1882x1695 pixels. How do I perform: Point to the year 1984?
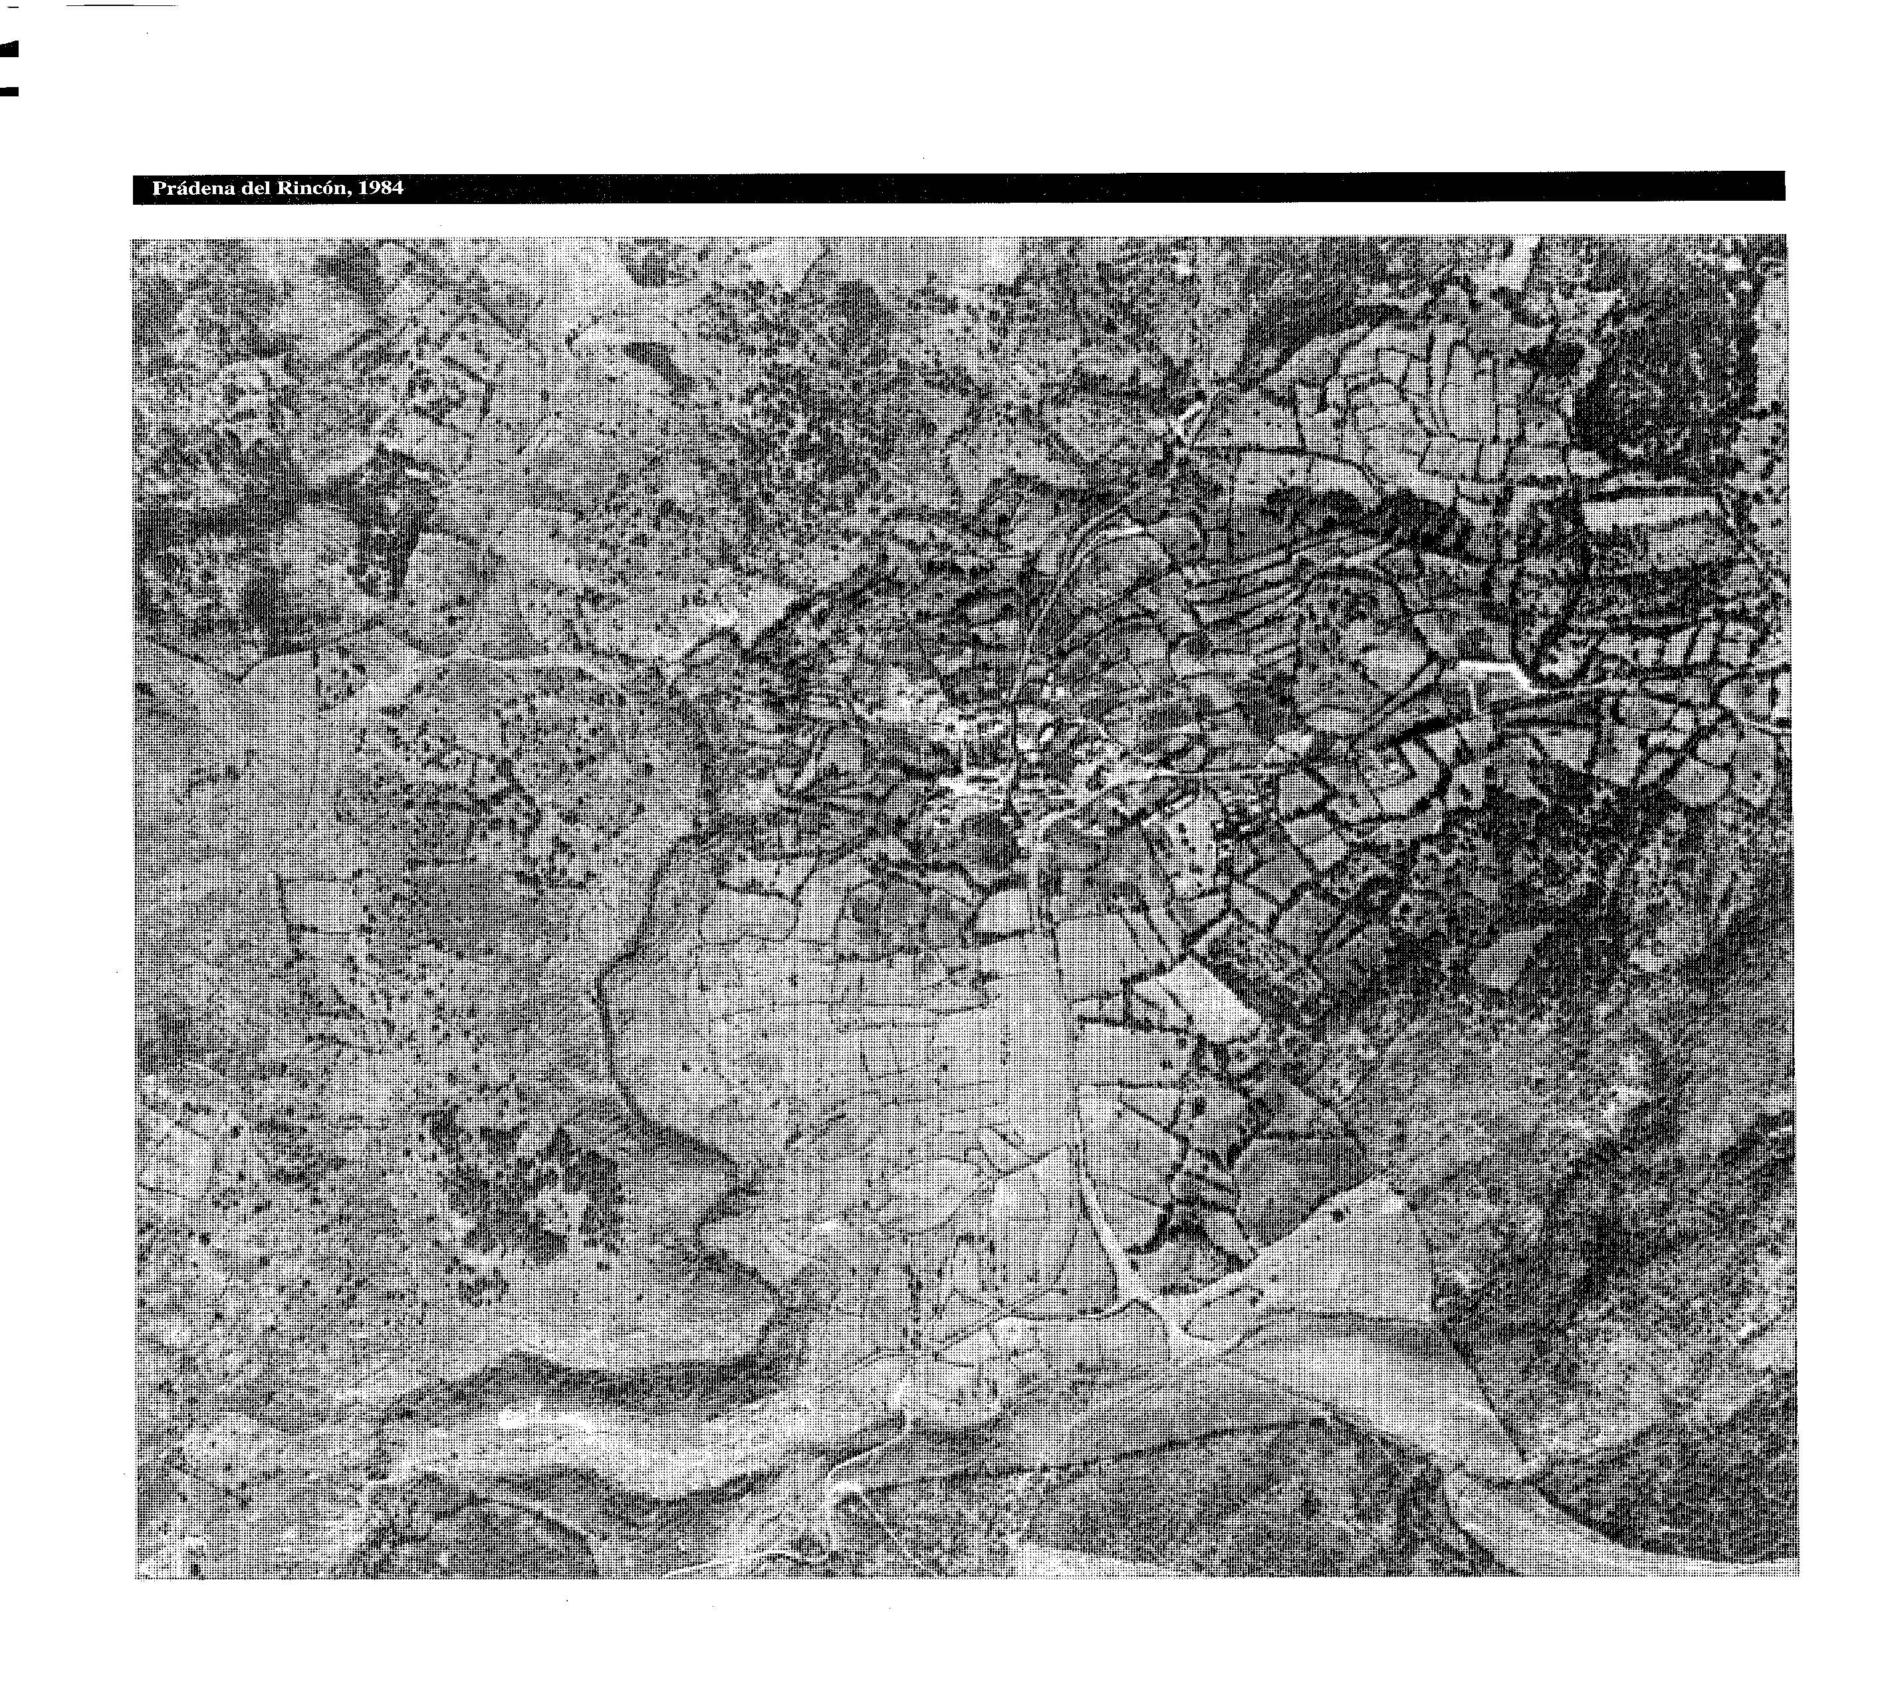pyautogui.click(x=381, y=188)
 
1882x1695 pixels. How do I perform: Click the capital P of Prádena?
pyautogui.click(x=158, y=188)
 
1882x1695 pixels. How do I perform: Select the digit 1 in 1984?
pyautogui.click(x=364, y=188)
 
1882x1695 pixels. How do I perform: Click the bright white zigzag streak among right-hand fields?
pyautogui.click(x=1494, y=673)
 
